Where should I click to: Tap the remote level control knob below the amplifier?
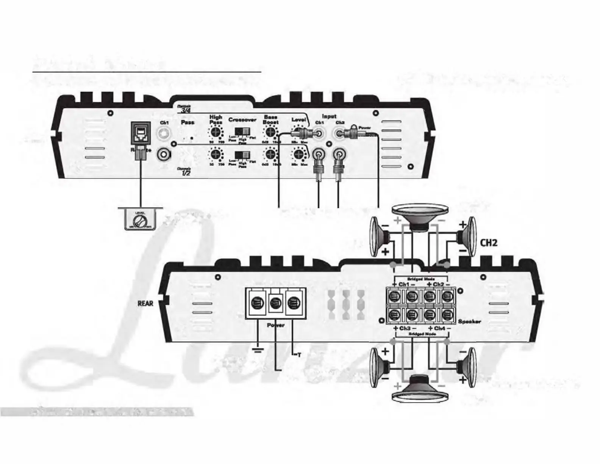point(140,221)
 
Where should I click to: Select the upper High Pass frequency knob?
point(216,132)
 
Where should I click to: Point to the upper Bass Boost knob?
point(270,132)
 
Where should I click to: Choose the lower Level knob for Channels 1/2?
point(298,155)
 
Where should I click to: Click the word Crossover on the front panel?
point(242,120)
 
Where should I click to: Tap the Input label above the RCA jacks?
point(329,116)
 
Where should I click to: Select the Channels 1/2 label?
point(185,172)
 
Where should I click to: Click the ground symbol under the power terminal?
point(258,350)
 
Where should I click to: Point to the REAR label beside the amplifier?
point(145,303)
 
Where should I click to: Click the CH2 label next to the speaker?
point(488,243)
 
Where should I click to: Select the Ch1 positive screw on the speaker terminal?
point(394,296)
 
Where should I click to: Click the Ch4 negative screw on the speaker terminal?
point(448,314)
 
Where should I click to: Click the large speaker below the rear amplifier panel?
point(420,389)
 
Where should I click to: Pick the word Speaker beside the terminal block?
point(470,321)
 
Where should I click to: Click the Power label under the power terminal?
point(276,325)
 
